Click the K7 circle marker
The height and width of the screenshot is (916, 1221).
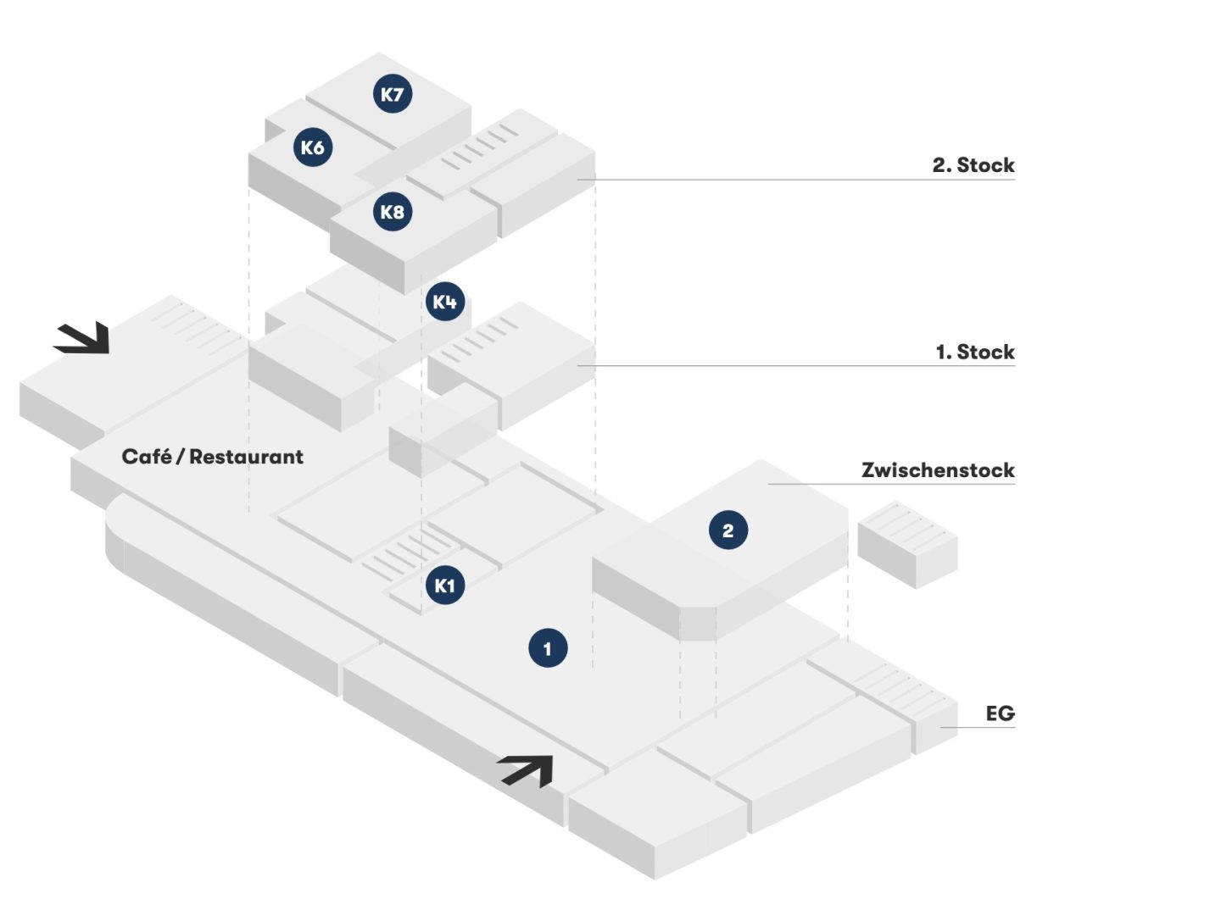pyautogui.click(x=393, y=93)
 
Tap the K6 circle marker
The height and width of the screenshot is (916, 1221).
pyautogui.click(x=313, y=147)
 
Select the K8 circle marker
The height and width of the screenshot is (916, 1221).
pyautogui.click(x=393, y=211)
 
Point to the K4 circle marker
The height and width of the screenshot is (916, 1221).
pyautogui.click(x=445, y=302)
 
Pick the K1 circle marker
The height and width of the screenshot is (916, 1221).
pyautogui.click(x=445, y=585)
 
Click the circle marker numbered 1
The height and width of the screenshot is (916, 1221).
pyautogui.click(x=548, y=647)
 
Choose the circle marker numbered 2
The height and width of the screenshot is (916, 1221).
pyautogui.click(x=728, y=530)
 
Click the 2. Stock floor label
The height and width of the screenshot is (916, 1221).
pyautogui.click(x=973, y=165)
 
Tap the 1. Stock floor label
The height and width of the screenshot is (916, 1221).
pyautogui.click(x=975, y=352)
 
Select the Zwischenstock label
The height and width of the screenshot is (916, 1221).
pyautogui.click(x=938, y=470)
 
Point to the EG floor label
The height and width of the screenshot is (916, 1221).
pyautogui.click(x=1001, y=713)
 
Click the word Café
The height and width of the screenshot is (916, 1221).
pyautogui.click(x=147, y=457)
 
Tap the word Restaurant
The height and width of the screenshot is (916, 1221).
pyautogui.click(x=247, y=457)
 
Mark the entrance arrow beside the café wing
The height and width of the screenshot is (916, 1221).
pyautogui.click(x=82, y=338)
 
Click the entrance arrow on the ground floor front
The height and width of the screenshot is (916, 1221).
pyautogui.click(x=527, y=771)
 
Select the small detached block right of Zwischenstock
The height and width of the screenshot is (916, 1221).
pyautogui.click(x=908, y=544)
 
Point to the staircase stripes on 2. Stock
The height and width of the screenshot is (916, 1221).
pyautogui.click(x=480, y=147)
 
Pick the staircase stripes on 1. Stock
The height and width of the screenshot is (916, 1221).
pyautogui.click(x=480, y=339)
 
